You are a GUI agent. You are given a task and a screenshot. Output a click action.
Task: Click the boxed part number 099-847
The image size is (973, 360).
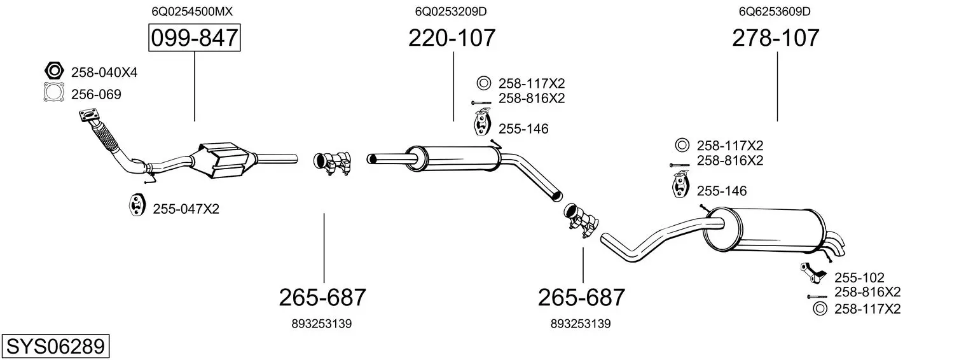tap(194, 38)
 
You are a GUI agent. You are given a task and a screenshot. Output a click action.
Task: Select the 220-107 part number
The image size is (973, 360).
tap(452, 38)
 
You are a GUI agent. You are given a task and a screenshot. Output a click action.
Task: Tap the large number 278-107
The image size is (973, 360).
tap(775, 38)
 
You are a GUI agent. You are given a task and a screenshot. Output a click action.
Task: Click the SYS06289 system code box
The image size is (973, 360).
tap(55, 346)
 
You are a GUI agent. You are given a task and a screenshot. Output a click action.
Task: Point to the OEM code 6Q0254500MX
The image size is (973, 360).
tap(192, 11)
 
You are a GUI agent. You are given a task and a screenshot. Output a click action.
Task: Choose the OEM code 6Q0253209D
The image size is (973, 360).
tap(451, 11)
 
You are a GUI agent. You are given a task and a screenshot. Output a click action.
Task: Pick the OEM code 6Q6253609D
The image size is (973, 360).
tap(775, 11)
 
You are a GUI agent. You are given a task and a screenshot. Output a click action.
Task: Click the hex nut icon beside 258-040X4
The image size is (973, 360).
tap(54, 71)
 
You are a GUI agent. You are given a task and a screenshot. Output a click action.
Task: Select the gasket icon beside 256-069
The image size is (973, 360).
tap(54, 92)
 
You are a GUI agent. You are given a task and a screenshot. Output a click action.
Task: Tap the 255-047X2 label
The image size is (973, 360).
tap(186, 209)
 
